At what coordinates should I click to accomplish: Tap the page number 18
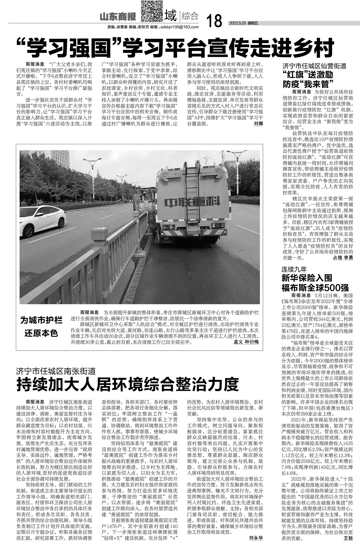(x=214, y=21)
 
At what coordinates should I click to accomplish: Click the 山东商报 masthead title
(x=118, y=18)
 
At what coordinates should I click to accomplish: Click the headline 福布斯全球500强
(x=315, y=288)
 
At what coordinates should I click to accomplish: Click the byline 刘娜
(x=258, y=123)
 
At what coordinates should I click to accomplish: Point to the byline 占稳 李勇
(x=343, y=258)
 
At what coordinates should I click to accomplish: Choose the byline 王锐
(x=348, y=538)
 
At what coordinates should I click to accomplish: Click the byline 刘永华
(x=256, y=538)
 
